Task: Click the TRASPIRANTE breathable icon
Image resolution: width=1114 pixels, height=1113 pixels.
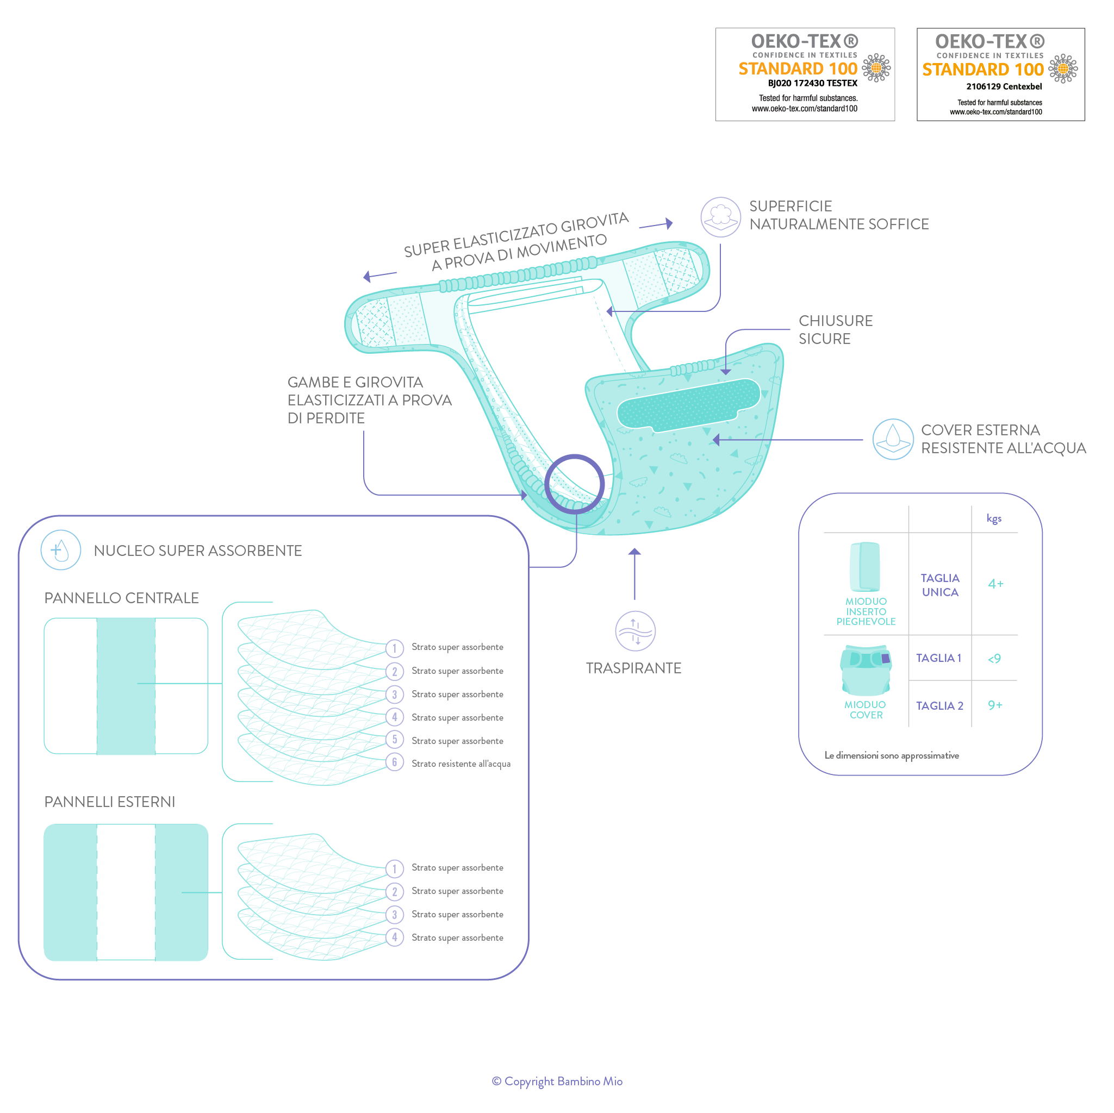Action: pos(635,630)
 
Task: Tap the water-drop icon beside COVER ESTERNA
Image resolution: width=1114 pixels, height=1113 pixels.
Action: pos(893,439)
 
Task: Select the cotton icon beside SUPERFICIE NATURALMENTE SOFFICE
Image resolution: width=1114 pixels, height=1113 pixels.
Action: pos(720,217)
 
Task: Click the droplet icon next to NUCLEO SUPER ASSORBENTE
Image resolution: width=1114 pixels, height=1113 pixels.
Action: pos(60,550)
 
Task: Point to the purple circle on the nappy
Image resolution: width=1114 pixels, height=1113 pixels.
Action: pos(574,484)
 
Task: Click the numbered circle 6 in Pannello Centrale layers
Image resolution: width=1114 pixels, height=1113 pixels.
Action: pos(394,762)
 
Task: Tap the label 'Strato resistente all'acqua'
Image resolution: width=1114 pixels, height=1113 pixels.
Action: pos(460,764)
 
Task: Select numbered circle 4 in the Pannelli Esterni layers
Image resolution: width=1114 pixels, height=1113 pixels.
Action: pos(394,937)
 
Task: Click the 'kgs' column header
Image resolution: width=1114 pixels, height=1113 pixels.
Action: pos(993,518)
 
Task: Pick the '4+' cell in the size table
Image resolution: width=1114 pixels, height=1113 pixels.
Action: pos(996,584)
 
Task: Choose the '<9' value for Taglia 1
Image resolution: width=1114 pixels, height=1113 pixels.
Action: pos(994,658)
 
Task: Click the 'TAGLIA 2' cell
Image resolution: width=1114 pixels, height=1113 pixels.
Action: pos(939,705)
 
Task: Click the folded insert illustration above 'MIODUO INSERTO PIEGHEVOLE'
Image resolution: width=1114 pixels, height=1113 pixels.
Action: pos(865,567)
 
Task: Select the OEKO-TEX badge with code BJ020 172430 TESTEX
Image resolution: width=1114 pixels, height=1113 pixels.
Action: pos(805,74)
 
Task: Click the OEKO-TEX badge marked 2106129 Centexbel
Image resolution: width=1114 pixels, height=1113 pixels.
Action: pos(1000,74)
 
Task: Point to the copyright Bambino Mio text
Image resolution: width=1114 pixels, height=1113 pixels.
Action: pos(557,1081)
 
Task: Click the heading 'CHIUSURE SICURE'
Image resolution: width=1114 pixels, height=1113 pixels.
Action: pos(835,330)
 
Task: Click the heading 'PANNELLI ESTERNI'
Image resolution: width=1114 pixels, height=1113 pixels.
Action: pos(110,802)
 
